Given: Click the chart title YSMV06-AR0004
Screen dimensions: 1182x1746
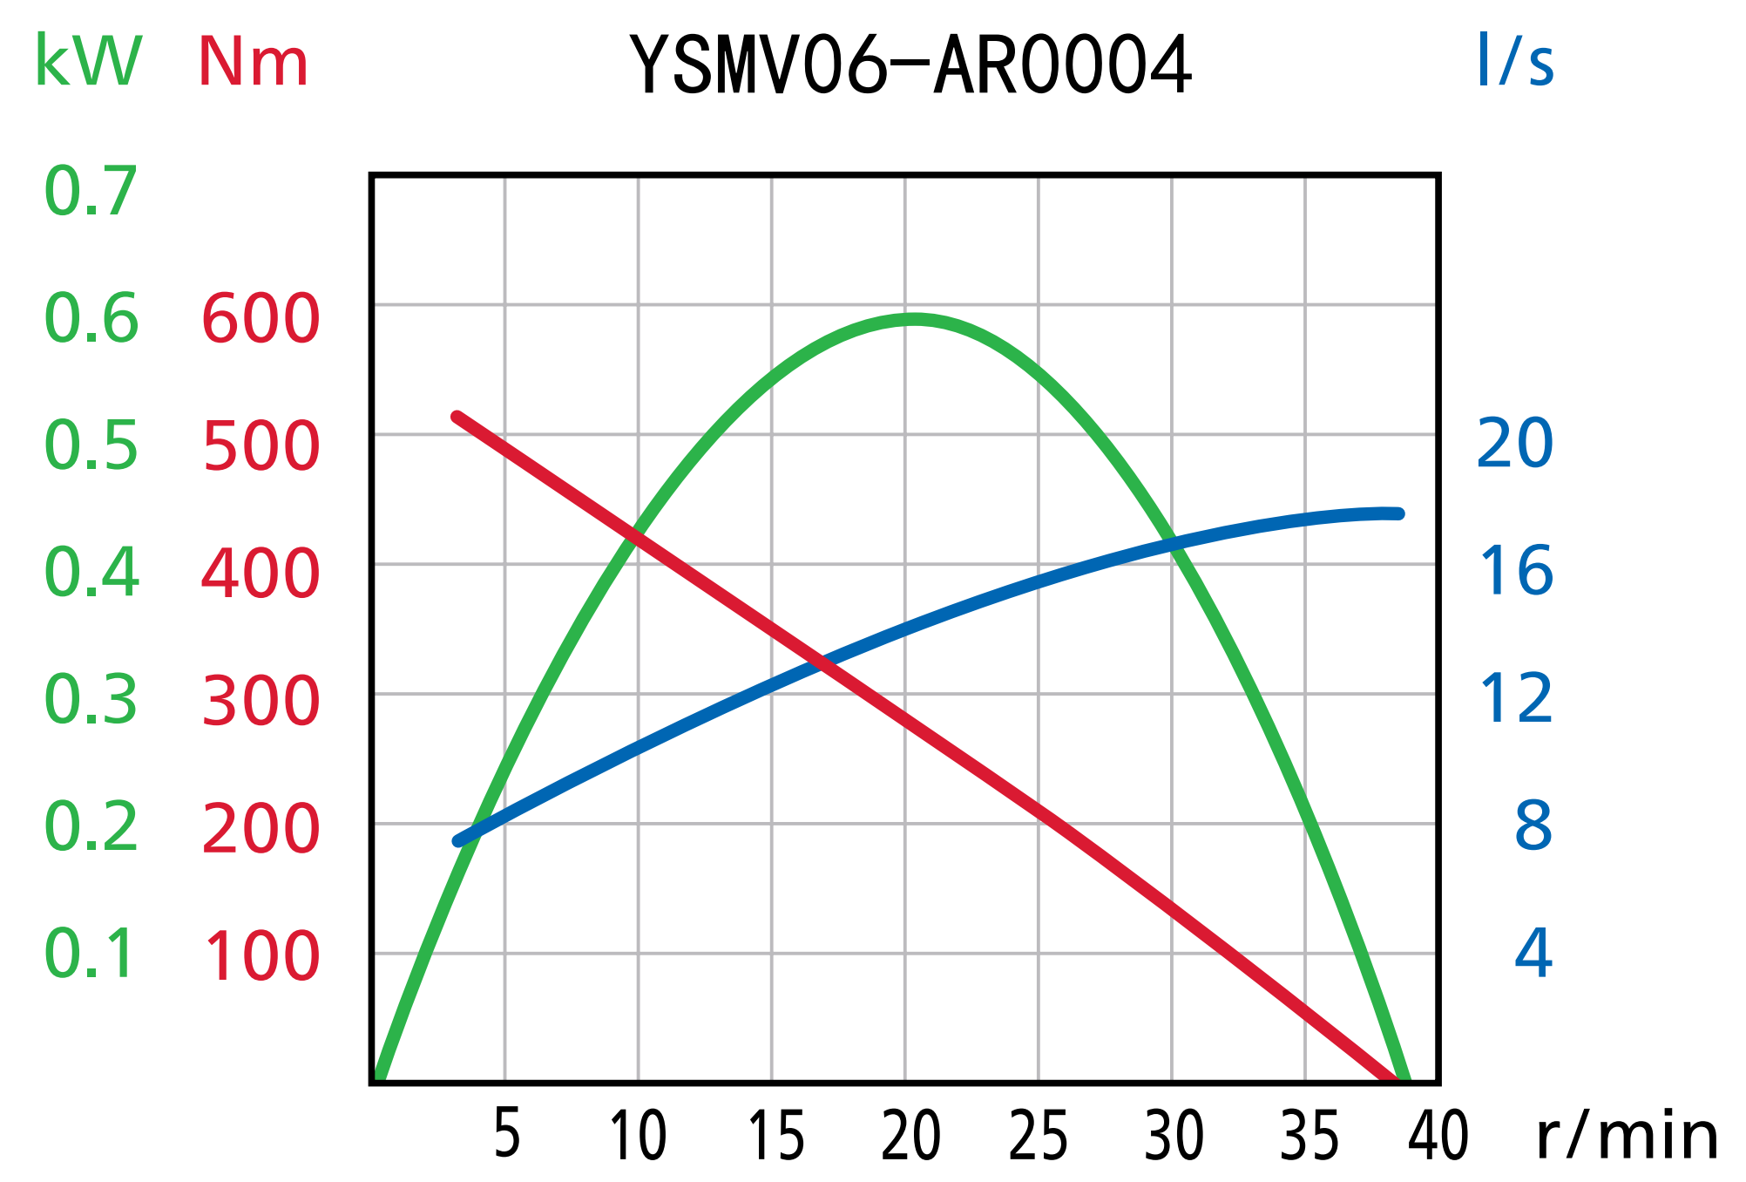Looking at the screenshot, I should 910,65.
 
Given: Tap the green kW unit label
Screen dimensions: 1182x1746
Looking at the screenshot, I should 88,62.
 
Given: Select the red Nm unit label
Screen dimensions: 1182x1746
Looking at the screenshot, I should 253,63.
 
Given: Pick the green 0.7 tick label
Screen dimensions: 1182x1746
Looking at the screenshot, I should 91,191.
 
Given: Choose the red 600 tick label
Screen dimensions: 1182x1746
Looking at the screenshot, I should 261,319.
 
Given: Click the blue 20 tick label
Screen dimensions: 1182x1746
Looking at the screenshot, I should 1514,444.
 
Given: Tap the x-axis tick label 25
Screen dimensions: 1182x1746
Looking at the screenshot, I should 1038,1137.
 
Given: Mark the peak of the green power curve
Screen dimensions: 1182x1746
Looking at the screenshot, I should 912,320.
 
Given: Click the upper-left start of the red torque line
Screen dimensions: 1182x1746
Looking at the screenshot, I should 457,418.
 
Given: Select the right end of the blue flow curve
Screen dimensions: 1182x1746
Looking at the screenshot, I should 1398,513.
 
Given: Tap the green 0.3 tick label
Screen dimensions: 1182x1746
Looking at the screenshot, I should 91,700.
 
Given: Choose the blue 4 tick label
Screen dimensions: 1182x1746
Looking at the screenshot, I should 1533,953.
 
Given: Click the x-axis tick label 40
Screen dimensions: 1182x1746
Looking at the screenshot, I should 1438,1137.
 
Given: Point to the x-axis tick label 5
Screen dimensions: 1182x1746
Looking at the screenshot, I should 506,1134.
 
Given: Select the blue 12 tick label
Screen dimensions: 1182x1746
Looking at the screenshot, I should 1516,699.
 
